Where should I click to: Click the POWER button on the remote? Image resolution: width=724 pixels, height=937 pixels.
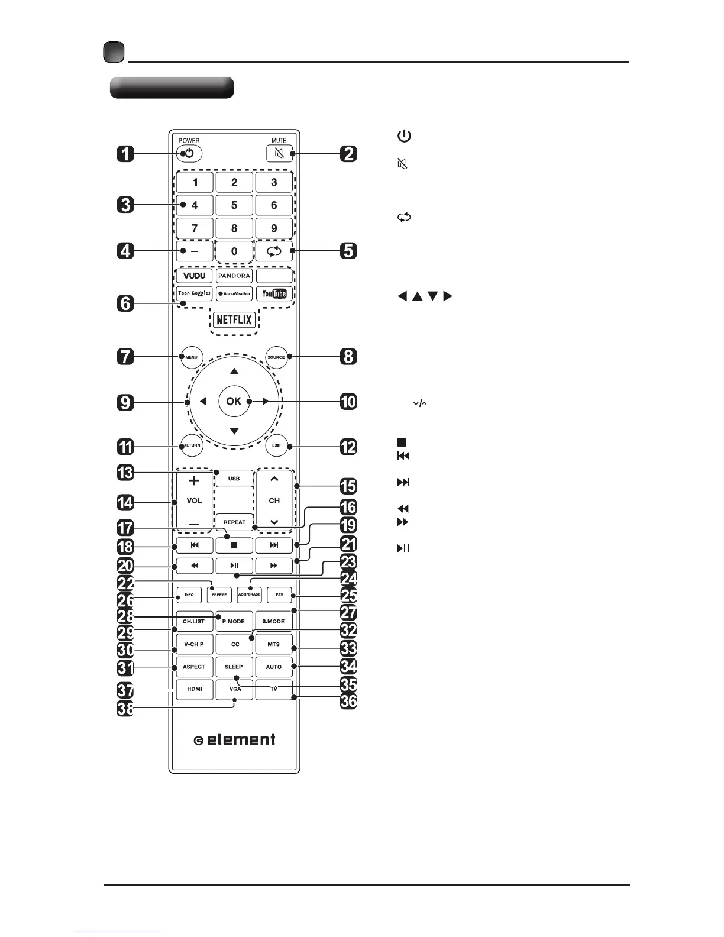pos(189,154)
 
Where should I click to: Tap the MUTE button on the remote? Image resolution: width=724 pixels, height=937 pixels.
pos(279,154)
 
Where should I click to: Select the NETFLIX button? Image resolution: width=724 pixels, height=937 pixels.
pos(234,321)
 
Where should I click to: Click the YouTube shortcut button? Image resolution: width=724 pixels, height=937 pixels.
pos(274,293)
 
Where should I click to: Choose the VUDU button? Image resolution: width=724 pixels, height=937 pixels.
pos(195,276)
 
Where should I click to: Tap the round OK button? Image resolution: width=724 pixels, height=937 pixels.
pos(234,401)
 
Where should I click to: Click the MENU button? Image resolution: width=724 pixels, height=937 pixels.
pos(191,357)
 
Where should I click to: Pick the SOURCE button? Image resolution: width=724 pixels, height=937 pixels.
pos(276,357)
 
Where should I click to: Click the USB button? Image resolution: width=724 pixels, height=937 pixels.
pos(234,478)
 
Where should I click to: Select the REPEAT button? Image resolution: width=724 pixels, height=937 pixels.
pos(234,522)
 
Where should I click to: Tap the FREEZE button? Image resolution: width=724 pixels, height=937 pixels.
pos(219,594)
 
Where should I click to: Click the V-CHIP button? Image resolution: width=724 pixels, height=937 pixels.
pos(194,644)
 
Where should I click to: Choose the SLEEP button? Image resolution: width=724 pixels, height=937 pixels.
pos(234,667)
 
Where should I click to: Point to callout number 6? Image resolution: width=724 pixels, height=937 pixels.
pos(125,304)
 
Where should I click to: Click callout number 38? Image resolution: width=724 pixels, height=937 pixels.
pos(125,709)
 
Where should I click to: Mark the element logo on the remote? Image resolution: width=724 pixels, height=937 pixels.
pos(235,739)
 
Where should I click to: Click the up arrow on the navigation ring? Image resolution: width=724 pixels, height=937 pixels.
pos(234,371)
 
